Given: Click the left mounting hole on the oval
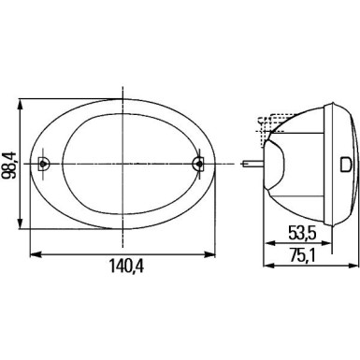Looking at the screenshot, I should pyautogui.click(x=46, y=165).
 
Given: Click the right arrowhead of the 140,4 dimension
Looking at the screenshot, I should pyautogui.click(x=209, y=252).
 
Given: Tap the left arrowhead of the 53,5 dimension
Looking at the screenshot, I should pyautogui.click(x=269, y=242).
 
